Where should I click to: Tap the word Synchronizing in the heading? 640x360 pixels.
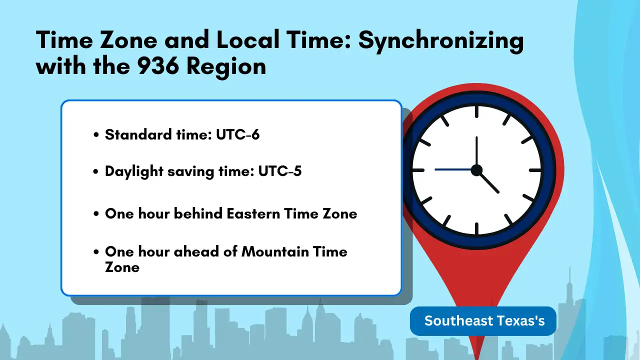[441, 40]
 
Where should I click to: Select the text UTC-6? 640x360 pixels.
[237, 134]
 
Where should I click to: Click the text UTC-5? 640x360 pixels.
[279, 171]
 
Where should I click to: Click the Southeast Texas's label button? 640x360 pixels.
[483, 321]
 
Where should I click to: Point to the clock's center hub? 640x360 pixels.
[476, 170]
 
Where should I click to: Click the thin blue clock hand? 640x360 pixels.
[452, 169]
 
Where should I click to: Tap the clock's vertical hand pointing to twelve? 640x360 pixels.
[476, 150]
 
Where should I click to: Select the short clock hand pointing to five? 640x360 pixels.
[489, 182]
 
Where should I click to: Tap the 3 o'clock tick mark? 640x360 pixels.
[535, 170]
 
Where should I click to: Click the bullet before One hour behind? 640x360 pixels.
[96, 214]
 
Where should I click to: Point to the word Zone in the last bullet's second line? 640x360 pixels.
[122, 267]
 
